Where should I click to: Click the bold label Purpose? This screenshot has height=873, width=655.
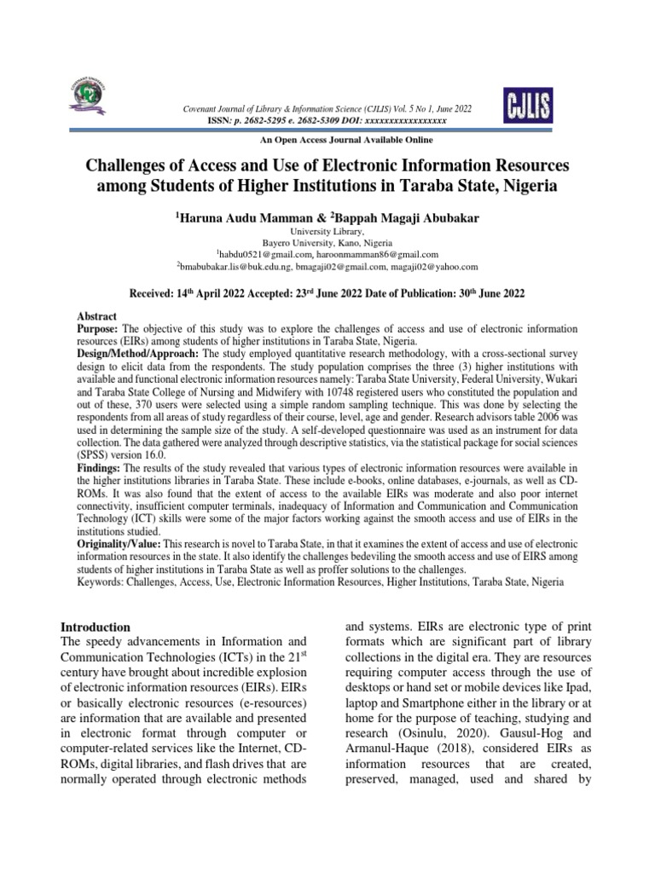coord(93,328)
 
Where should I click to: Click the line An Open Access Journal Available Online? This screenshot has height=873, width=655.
coord(327,140)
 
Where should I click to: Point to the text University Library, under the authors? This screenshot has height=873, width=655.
coord(327,231)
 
